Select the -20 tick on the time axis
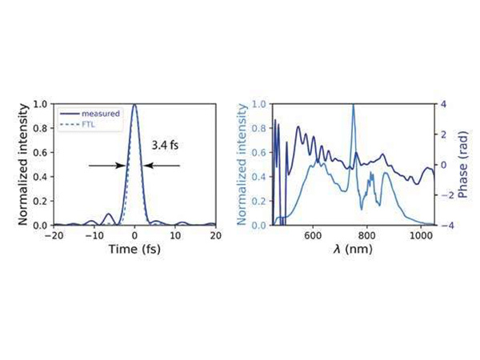(x=54, y=236)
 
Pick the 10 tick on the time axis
(x=175, y=236)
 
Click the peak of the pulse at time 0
(x=134, y=105)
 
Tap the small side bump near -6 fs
(x=109, y=214)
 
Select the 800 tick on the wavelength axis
(x=367, y=236)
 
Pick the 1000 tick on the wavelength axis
(x=421, y=236)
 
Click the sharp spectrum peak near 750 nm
(x=353, y=106)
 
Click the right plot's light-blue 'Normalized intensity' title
(x=240, y=164)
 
